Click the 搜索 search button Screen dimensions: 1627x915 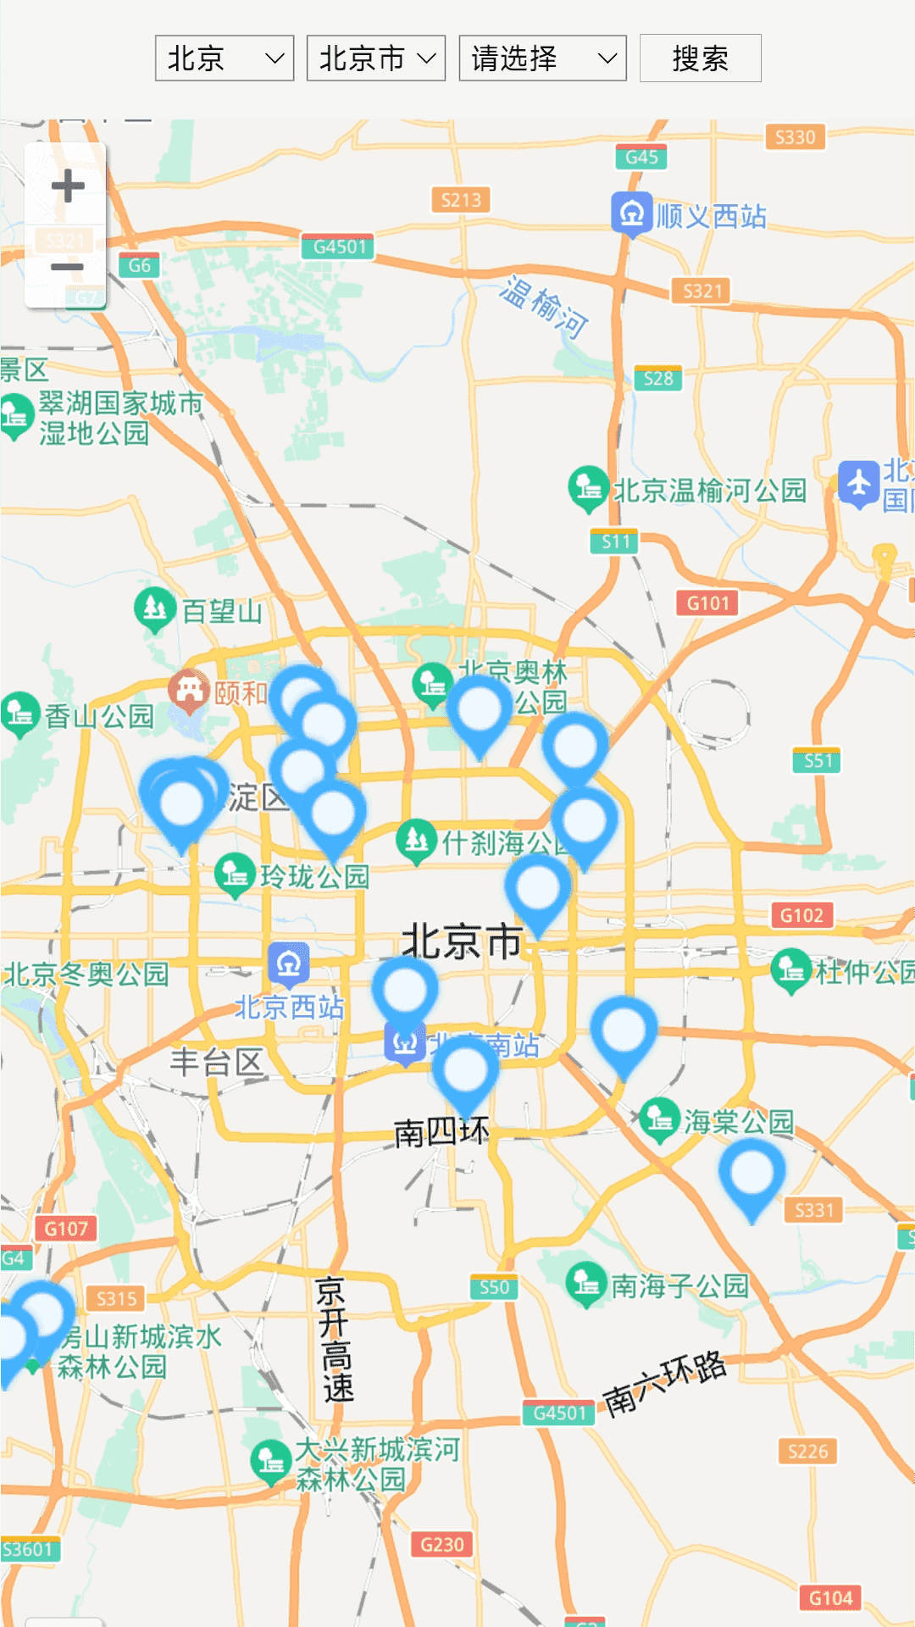pos(700,58)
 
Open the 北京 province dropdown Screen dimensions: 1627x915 pos(224,58)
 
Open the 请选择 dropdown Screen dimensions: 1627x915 pos(542,58)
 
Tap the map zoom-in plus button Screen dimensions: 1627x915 pos(67,186)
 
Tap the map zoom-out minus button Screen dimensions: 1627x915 pos(67,268)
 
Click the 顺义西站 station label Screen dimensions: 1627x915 pos(710,216)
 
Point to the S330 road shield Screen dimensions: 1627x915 pos(795,137)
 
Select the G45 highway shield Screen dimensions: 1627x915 pos(641,157)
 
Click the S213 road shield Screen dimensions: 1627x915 pos(461,200)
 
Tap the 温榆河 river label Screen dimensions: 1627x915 pos(543,307)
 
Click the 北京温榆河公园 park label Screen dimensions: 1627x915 pos(708,490)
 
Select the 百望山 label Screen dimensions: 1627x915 pos(221,611)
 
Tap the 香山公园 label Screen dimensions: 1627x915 pos(98,716)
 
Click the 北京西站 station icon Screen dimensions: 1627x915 pos(289,963)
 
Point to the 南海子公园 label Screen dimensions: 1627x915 pos(679,1286)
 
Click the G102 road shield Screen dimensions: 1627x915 pos(801,915)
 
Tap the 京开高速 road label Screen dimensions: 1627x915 pos(333,1339)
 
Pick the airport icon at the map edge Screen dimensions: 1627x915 pos(858,484)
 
